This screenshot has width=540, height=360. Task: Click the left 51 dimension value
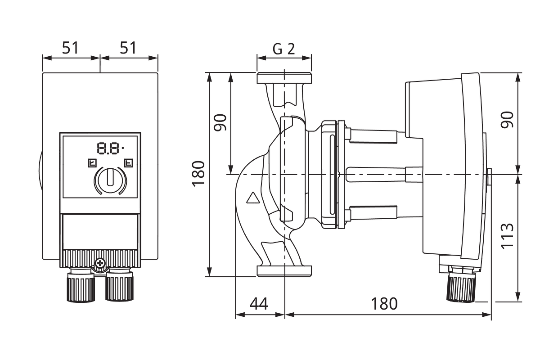click(70, 48)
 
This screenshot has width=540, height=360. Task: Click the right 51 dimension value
click(128, 48)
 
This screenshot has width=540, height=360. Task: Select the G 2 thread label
click(284, 49)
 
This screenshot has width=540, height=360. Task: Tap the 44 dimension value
click(259, 304)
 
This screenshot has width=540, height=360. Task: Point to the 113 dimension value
click(507, 236)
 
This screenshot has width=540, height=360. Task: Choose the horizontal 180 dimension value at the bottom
click(384, 304)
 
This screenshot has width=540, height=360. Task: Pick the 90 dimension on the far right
click(507, 120)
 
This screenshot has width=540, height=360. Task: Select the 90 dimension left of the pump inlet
click(220, 122)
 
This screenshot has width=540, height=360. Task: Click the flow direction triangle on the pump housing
click(253, 198)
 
